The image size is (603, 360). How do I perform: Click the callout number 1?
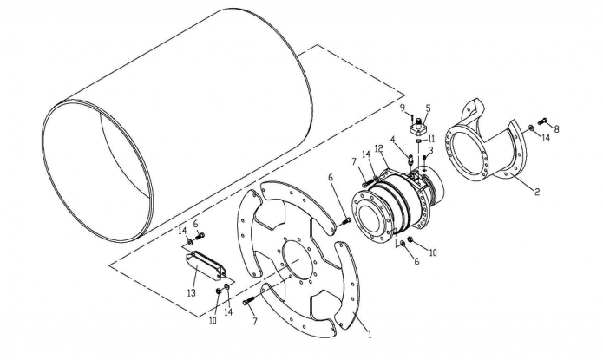(x=370, y=334)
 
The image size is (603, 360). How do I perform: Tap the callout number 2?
(x=537, y=191)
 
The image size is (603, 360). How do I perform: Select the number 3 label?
(x=430, y=150)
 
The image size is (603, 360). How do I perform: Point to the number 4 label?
(x=393, y=139)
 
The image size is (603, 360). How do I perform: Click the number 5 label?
(x=428, y=108)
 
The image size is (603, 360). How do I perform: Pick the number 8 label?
(x=556, y=129)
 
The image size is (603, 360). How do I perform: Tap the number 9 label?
(x=403, y=108)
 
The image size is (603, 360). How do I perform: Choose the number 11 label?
(x=431, y=139)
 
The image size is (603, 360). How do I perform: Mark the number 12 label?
(x=379, y=148)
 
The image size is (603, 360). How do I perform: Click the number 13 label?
(x=191, y=292)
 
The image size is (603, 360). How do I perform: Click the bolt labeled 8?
(x=544, y=121)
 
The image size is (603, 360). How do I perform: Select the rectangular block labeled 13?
(x=205, y=265)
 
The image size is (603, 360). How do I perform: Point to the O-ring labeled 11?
(x=419, y=141)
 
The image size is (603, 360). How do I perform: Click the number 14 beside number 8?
(x=546, y=138)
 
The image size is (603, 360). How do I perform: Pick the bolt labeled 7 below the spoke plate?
(x=249, y=300)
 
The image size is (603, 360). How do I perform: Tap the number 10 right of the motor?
(x=433, y=252)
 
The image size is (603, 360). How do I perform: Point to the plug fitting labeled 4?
(x=410, y=159)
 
